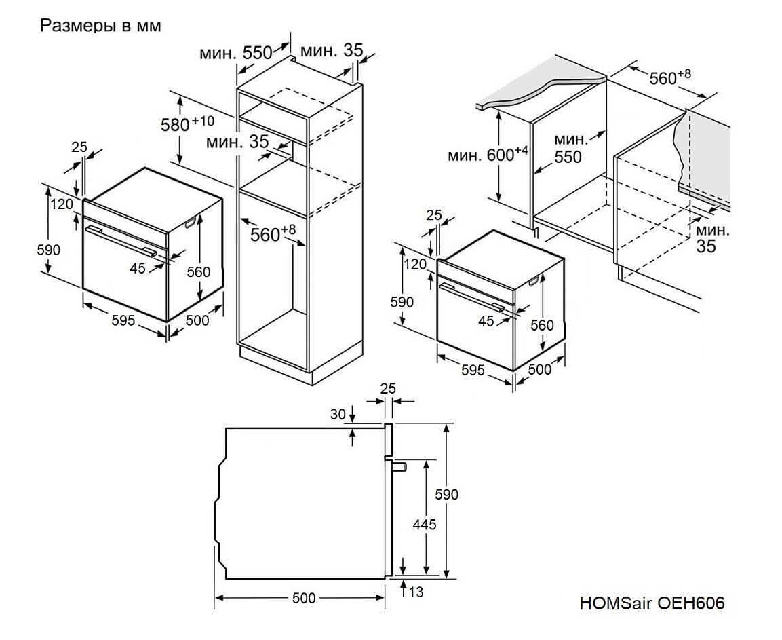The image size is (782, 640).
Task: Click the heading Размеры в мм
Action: pos(100,26)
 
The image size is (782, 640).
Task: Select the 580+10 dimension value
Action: pos(187,124)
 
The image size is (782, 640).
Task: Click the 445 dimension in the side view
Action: pos(424,524)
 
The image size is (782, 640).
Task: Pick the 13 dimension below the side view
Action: pos(416,592)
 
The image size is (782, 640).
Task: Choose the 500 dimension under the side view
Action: pos(303,597)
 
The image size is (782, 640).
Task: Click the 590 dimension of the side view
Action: pos(447,494)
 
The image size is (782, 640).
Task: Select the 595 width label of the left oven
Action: pos(123,320)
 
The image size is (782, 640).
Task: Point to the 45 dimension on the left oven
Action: pos(138,268)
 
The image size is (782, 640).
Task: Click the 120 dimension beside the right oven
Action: pos(414,264)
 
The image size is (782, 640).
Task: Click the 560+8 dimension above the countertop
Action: pos(669,78)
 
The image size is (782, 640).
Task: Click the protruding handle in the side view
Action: pos(398,466)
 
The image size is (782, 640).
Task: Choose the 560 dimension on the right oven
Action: pos(542,325)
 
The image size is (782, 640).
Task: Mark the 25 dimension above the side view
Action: pos(388,389)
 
